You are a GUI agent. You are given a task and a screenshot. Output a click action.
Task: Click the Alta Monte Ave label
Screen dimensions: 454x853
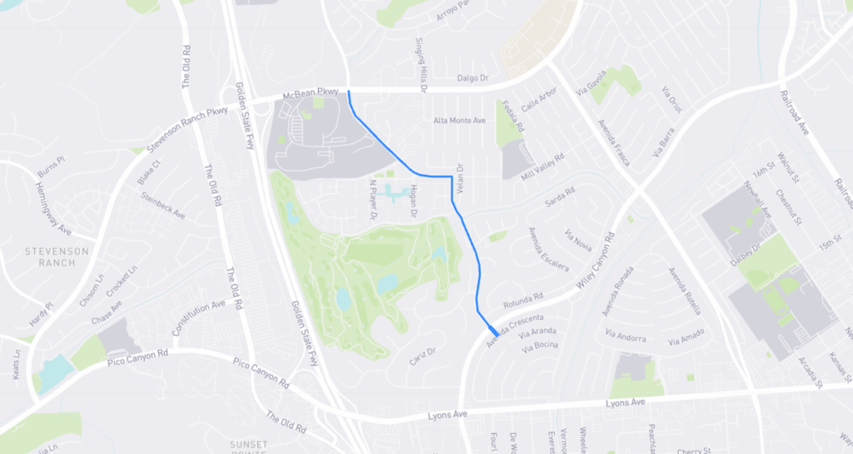point(459,121)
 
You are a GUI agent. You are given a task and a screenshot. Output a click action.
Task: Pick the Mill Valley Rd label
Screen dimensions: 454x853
point(542,168)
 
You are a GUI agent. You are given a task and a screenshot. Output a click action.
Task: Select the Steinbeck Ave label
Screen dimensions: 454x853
point(163,205)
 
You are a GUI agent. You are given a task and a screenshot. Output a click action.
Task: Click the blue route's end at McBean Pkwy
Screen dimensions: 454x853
point(348,92)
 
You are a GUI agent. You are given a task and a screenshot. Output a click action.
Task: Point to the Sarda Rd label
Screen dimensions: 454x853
point(560,199)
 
